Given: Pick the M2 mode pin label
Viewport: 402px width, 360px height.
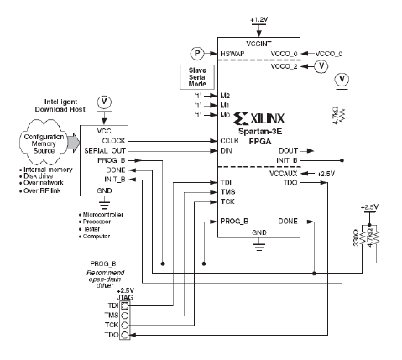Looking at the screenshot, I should tap(224, 95).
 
